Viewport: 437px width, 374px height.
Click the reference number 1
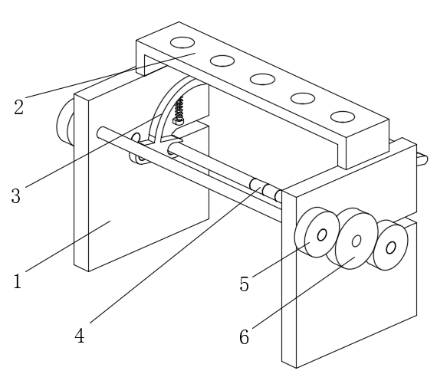18,281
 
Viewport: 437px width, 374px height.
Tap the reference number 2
18,107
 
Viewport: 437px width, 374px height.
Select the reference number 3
16,195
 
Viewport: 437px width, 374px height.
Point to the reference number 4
80,336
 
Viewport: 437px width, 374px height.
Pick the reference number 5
244,284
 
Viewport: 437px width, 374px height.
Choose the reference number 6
244,336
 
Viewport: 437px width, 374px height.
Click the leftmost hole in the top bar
182,43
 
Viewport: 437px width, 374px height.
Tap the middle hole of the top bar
262,79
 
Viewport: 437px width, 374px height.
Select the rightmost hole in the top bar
343,116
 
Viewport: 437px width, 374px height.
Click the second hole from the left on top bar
222,61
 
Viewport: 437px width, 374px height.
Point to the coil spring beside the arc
179,107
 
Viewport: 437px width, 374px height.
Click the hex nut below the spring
179,121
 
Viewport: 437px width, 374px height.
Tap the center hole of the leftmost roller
322,235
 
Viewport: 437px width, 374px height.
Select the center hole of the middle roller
356,241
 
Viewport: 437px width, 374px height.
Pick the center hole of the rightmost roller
391,248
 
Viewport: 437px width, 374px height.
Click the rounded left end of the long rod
101,132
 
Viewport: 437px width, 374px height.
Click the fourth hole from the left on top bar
303,98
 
